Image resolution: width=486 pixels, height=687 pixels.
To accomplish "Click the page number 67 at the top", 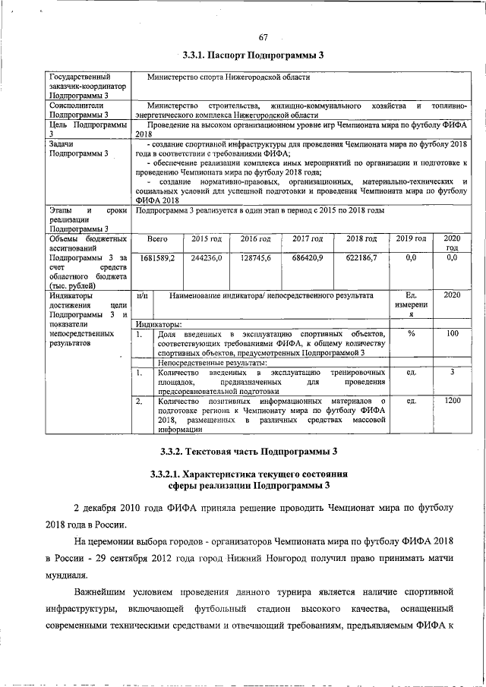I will pos(264,37).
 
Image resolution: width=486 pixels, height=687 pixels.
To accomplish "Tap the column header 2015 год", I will pos(206,239).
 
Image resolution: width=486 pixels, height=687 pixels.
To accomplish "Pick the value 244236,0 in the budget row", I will pos(206,258).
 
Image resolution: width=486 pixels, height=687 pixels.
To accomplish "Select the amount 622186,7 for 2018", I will pos(361,258).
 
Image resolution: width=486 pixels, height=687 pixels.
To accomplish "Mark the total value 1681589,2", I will pos(156,258).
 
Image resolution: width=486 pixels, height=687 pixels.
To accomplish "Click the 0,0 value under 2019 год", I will pos(411,258).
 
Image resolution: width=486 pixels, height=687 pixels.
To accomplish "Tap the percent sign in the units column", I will pos(411,333).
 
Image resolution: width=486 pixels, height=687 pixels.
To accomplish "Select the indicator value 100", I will pos(452,333).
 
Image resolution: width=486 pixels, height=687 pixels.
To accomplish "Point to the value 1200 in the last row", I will pos(452,400).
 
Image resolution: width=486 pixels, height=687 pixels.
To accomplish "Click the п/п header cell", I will pos(141,295).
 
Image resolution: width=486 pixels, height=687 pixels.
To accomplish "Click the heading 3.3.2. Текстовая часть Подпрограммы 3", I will pos(248,452).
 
